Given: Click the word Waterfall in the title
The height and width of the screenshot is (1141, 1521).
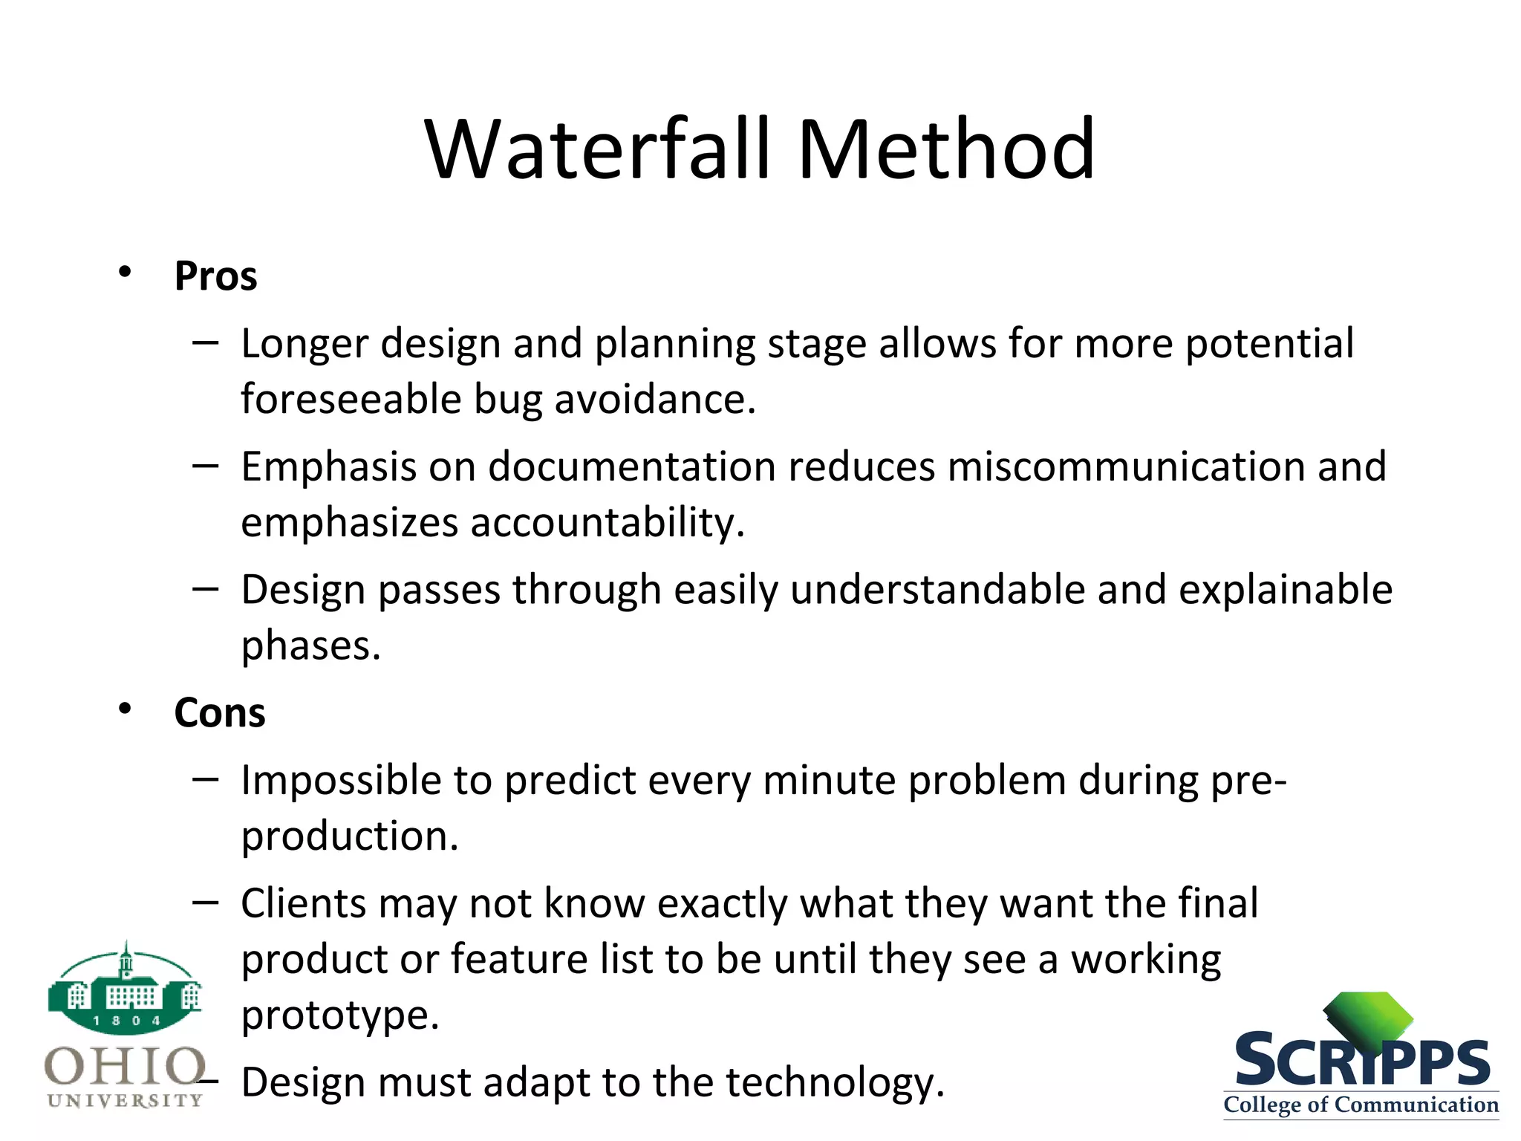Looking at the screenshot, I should [598, 151].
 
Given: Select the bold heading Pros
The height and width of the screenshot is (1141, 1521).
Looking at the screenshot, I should [215, 276].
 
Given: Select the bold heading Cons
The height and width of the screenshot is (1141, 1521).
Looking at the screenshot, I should [219, 713].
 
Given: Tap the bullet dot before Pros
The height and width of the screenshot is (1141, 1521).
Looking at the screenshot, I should [125, 272].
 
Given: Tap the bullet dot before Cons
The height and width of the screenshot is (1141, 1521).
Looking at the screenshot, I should [125, 709].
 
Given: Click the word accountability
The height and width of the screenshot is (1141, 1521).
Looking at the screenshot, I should [607, 523].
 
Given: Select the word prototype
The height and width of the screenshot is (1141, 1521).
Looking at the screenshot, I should [339, 1015].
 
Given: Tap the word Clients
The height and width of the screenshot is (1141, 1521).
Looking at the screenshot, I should [304, 904].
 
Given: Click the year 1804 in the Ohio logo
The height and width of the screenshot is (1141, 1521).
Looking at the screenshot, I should [126, 1021].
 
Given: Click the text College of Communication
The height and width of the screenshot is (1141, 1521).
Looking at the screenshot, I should [1361, 1105].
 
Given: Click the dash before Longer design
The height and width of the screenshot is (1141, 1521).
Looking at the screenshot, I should [205, 343].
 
